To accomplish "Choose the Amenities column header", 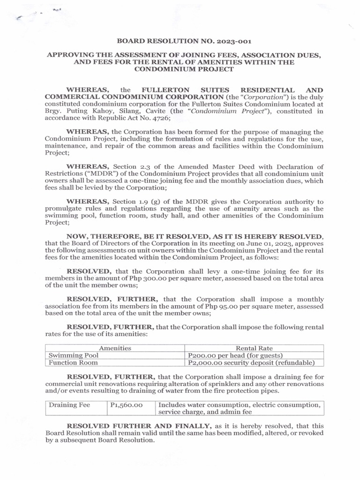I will click(x=114, y=348).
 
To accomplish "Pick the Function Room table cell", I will click(x=73, y=362).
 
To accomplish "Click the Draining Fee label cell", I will click(x=70, y=405).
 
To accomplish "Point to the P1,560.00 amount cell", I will click(x=126, y=405).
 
